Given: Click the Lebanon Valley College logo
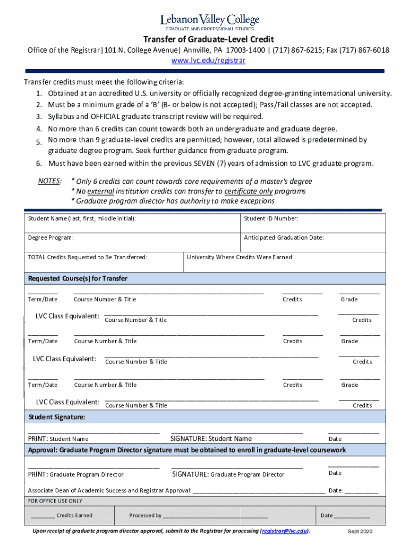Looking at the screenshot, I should click(x=210, y=22).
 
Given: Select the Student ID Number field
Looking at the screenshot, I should click(x=313, y=224).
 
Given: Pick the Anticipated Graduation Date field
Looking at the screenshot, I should click(x=313, y=243).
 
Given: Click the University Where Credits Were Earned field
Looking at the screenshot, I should click(x=285, y=262).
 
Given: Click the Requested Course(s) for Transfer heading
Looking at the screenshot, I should click(x=78, y=278).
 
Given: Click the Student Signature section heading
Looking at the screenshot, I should click(x=56, y=417).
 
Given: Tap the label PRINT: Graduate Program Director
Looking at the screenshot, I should click(x=75, y=474).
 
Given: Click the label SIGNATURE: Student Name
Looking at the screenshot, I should click(x=211, y=439).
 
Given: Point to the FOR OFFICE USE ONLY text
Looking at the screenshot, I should click(x=55, y=501).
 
